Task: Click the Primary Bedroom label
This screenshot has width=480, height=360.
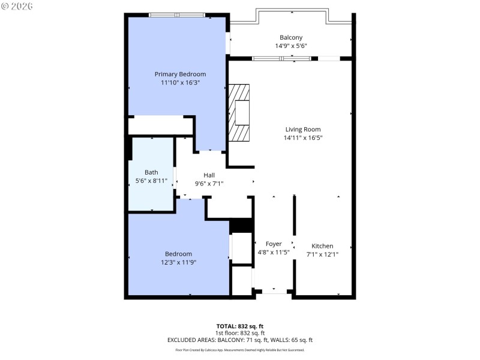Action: tap(180, 74)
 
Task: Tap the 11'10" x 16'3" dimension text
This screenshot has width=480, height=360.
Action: tap(180, 83)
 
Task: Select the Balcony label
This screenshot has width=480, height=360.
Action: tap(291, 37)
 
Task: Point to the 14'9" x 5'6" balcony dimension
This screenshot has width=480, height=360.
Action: tap(291, 46)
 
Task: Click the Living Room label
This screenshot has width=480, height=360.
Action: tap(302, 129)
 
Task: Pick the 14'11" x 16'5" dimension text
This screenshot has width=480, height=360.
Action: tap(302, 137)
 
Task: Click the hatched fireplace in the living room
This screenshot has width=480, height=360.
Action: tap(238, 112)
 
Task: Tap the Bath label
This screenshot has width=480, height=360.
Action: tap(151, 172)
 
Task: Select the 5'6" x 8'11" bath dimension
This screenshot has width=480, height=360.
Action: tap(151, 181)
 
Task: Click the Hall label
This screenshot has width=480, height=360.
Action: tap(209, 175)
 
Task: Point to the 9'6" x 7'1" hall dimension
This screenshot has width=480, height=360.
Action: tap(209, 184)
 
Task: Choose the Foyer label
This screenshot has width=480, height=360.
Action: tap(274, 244)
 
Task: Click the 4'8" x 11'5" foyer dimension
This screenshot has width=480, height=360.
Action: tap(274, 252)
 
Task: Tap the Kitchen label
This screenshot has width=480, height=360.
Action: tap(322, 246)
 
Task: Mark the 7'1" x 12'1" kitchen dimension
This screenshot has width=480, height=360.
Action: tap(322, 254)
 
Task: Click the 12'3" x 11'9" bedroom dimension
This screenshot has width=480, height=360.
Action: tap(179, 262)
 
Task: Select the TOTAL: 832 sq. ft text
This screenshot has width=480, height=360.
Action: tap(240, 326)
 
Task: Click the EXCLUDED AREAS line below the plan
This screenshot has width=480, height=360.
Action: tap(240, 340)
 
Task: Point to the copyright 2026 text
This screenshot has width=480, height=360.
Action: tap(17, 6)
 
